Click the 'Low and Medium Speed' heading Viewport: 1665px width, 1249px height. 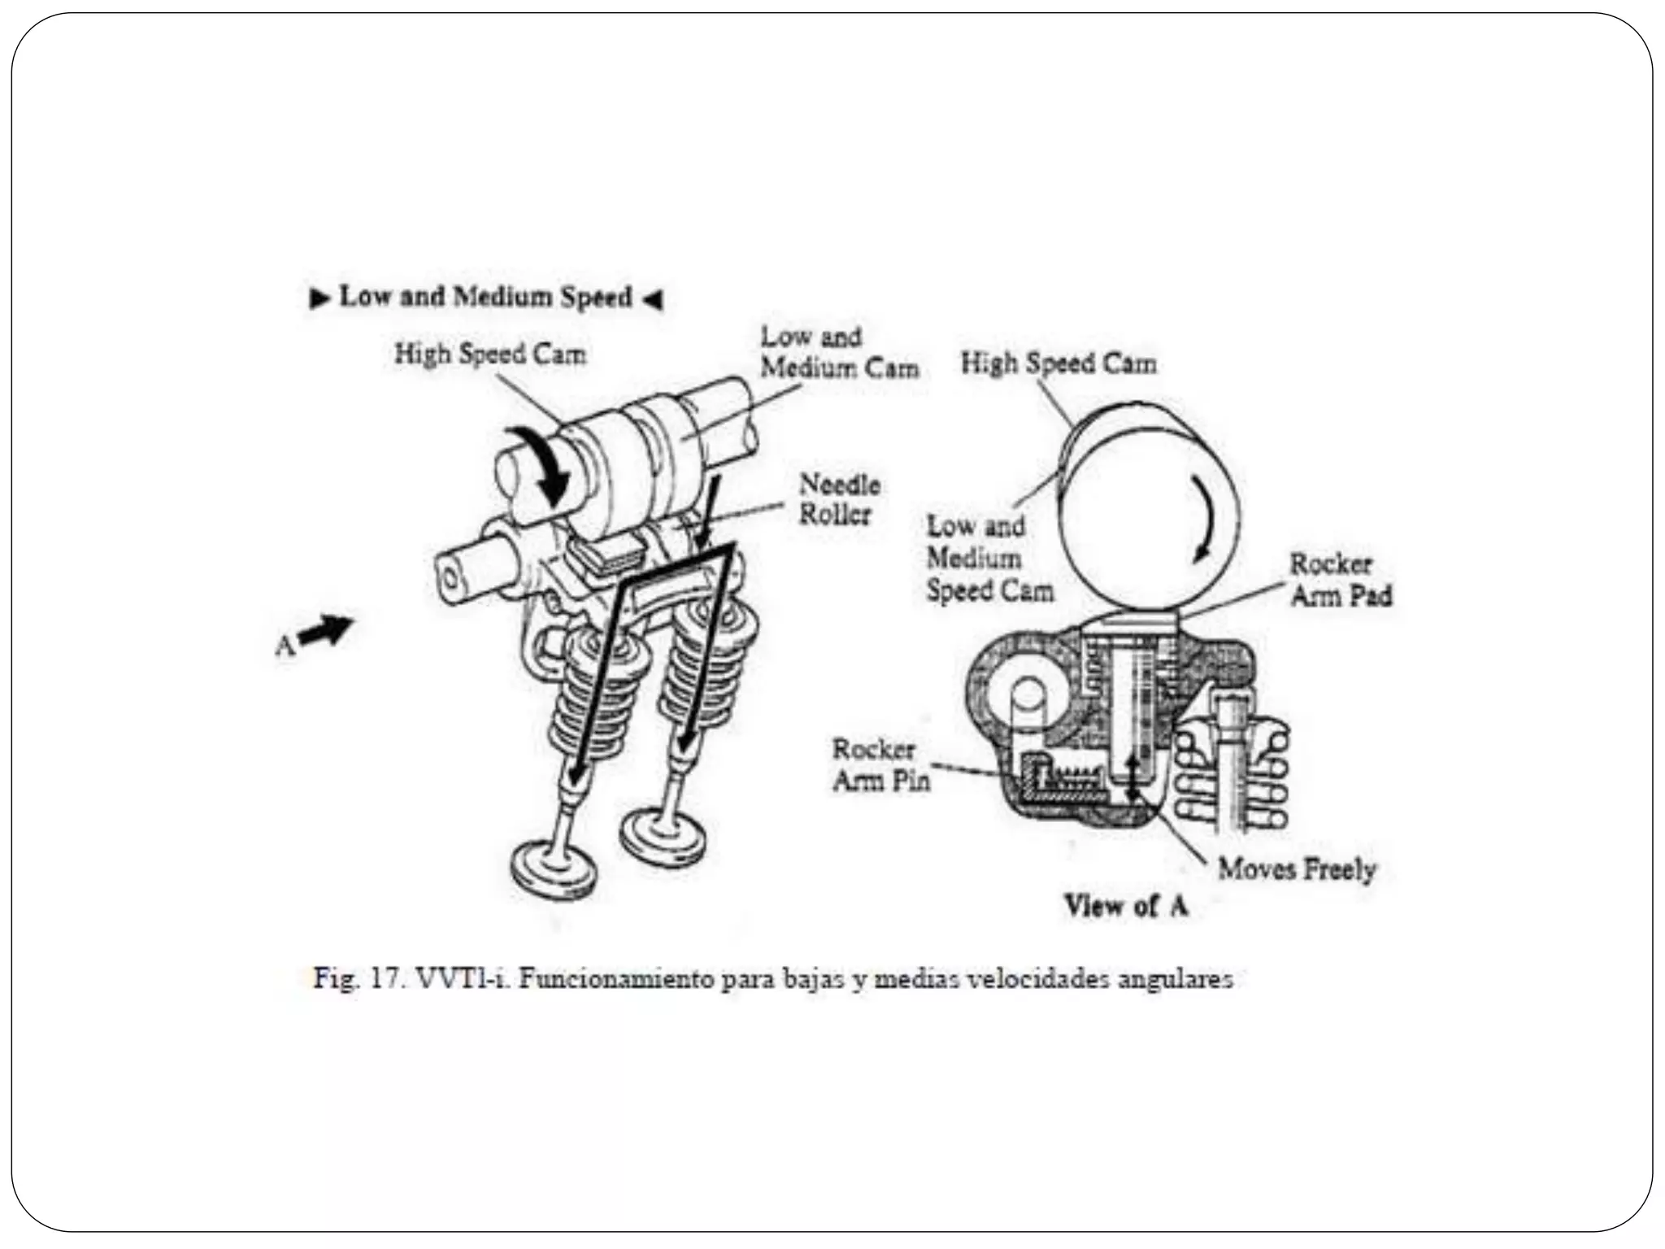[485, 297]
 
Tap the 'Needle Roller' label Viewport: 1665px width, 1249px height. [838, 499]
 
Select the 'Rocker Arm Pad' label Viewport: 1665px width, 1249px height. [1341, 580]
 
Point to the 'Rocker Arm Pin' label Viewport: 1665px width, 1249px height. [880, 764]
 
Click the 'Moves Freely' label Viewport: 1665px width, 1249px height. [1296, 869]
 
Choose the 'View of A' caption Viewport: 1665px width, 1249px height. [1126, 906]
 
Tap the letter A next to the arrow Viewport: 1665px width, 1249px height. [285, 646]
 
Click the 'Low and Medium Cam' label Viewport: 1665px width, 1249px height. [838, 352]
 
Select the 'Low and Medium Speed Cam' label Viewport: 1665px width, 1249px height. [989, 558]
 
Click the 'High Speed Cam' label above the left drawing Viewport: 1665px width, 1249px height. [490, 355]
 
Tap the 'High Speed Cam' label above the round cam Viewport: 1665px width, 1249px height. [1059, 363]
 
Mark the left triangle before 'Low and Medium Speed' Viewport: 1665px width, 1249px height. [320, 298]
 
